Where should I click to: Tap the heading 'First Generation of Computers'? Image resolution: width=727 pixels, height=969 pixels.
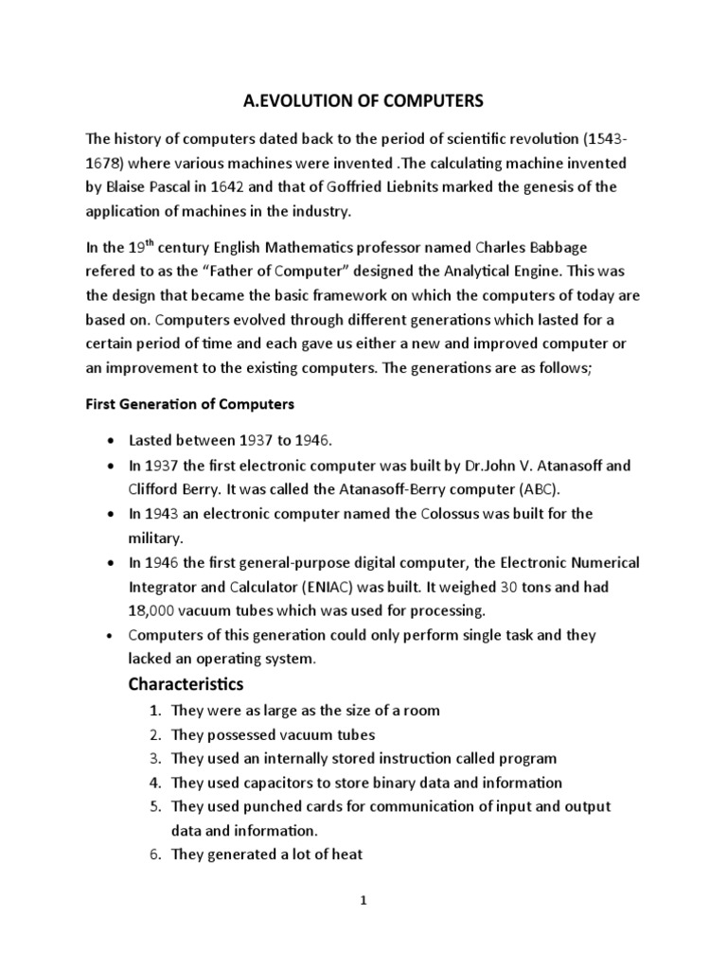[190, 403]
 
